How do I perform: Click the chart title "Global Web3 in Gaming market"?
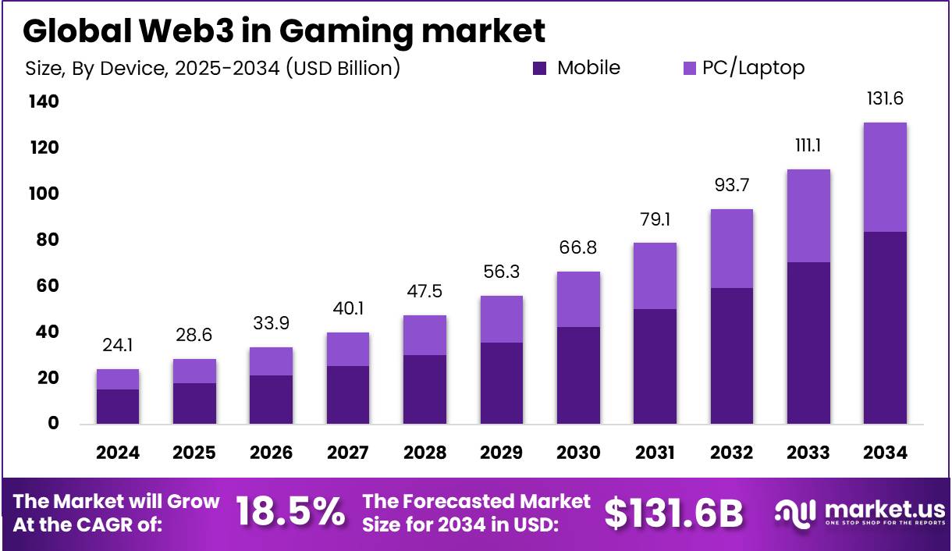tap(284, 31)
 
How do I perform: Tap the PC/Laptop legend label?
tap(753, 68)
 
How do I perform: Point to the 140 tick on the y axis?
tap(43, 102)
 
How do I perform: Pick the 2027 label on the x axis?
tap(347, 453)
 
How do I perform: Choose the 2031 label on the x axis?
tap(654, 453)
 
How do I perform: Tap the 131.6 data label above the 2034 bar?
tap(885, 99)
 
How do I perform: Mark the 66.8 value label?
tap(578, 248)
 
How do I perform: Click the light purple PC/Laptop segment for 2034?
tap(885, 177)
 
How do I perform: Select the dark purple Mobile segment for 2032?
tap(731, 356)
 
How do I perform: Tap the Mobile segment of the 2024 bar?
tap(118, 407)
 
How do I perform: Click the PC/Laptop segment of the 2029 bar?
tap(501, 319)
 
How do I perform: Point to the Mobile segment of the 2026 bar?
tap(271, 400)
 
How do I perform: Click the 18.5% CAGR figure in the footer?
tap(290, 512)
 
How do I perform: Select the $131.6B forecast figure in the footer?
tap(673, 512)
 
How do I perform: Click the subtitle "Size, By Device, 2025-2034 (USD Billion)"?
tap(212, 69)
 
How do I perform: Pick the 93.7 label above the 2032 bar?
tap(731, 186)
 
